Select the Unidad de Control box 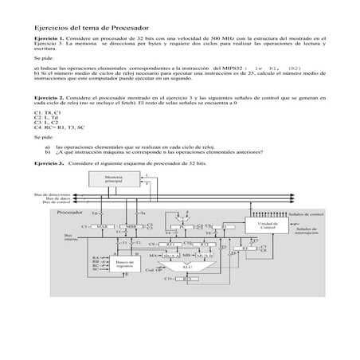click(x=268, y=225)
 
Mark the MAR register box click(x=101, y=226)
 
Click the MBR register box click(x=131, y=226)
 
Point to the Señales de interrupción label click(x=307, y=231)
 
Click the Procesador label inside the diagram click(x=72, y=213)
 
